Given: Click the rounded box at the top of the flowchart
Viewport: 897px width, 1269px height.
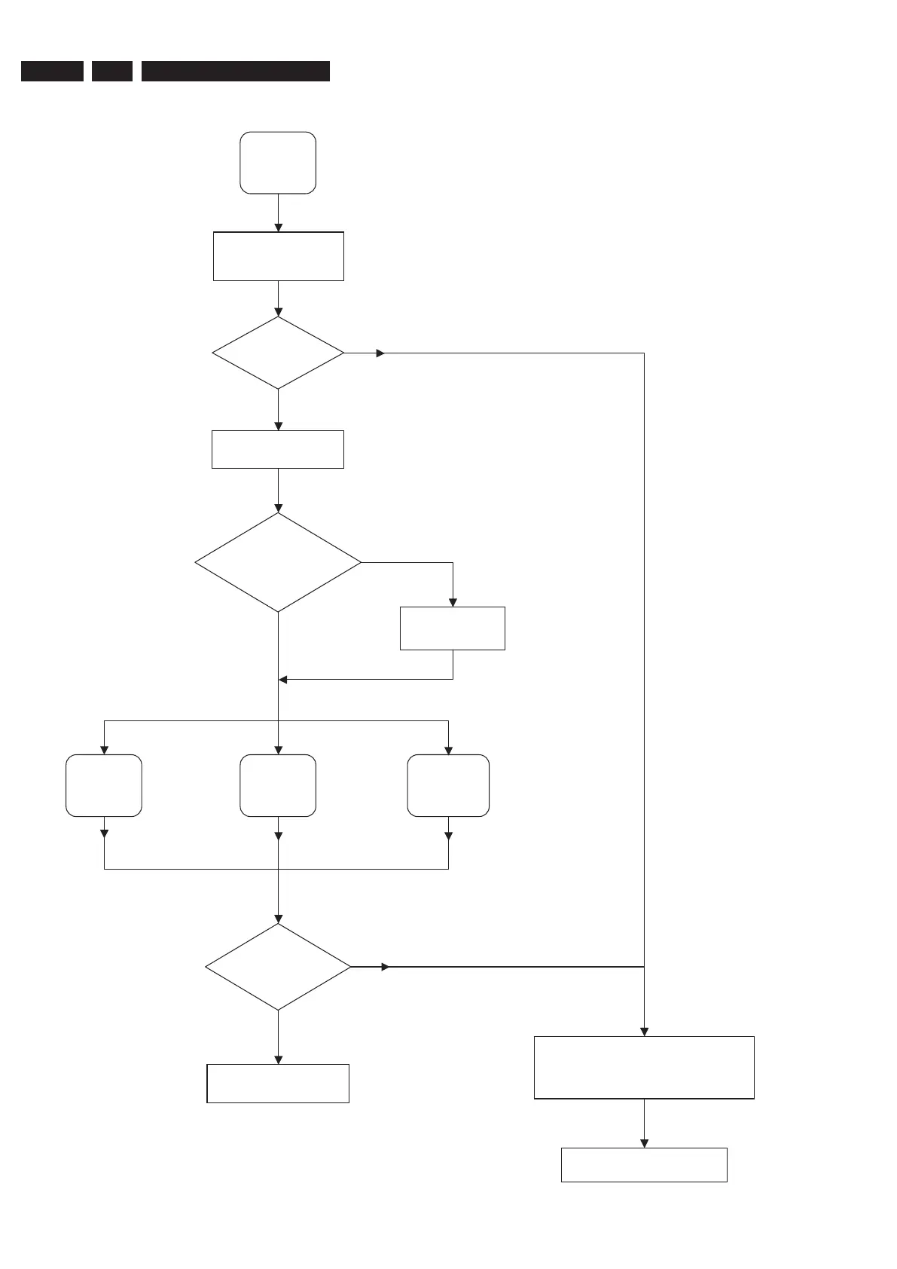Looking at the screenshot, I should coord(278,163).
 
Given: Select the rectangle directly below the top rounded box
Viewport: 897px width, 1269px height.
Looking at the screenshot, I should coord(279,256).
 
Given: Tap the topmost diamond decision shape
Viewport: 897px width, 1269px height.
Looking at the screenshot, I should coord(278,353).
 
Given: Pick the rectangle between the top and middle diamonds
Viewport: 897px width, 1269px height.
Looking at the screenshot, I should coord(278,449).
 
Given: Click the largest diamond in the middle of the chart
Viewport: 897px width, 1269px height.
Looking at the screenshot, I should coord(278,562).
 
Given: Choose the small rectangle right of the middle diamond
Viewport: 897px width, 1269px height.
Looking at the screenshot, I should coord(452,628).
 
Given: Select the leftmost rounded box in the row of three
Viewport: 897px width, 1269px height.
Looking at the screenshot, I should coord(104,785).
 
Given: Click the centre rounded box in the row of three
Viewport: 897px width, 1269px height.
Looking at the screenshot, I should coord(278,785).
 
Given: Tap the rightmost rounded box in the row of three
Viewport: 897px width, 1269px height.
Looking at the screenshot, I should coord(448,785).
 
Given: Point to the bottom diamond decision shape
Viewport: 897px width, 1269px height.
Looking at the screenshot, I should coord(278,967).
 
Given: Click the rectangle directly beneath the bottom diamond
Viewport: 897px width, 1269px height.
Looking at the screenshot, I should coord(278,1084).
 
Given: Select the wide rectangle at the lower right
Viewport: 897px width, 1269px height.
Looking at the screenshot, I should coord(644,1067).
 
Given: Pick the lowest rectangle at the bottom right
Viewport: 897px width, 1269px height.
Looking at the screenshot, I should coord(644,1164).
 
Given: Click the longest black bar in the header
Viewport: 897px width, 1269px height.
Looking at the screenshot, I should coord(236,71).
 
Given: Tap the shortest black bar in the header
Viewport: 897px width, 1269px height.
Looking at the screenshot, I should coord(112,71).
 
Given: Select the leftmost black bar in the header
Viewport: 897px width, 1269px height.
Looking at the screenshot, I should coord(52,71).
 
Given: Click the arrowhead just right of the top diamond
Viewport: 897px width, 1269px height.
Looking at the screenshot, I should coord(380,353).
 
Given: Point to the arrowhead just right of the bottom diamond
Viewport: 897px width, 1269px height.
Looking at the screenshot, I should coord(386,967).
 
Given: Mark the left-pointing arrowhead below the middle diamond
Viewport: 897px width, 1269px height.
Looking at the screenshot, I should coord(283,680).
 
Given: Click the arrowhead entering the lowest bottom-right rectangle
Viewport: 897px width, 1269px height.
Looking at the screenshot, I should coord(644,1143).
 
